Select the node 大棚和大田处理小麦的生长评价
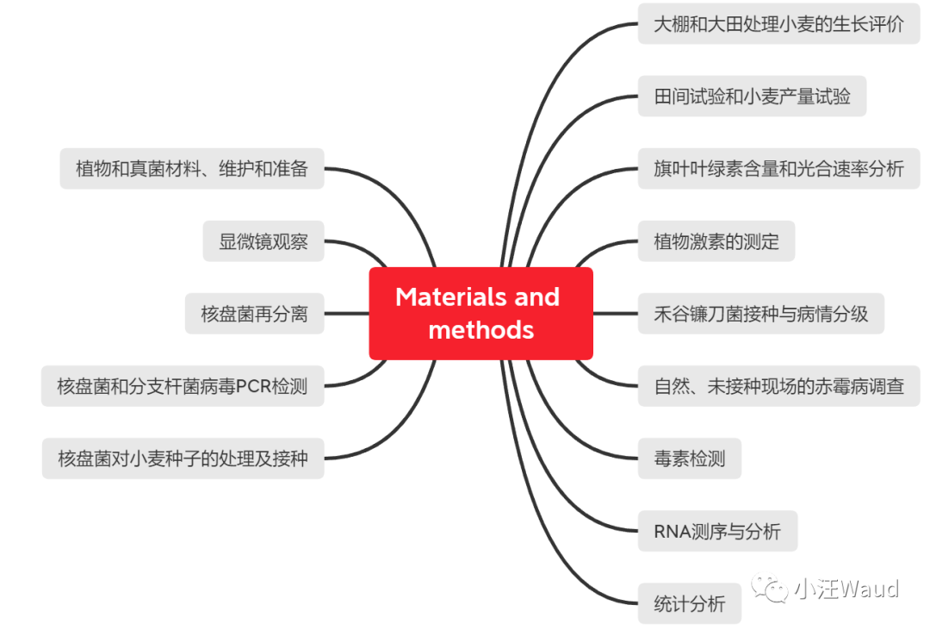point(778,24)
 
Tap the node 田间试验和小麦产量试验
point(752,97)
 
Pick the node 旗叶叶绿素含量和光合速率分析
point(778,169)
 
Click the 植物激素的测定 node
point(716,241)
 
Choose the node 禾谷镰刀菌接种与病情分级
point(760,314)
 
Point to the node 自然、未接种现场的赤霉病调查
point(778,386)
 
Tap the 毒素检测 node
point(689,458)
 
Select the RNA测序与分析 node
point(716,531)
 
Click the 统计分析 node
point(689,603)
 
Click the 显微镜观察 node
point(263,241)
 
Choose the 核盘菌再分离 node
point(254,314)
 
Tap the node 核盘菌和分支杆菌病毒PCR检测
point(182,386)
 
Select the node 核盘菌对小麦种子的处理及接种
point(183,458)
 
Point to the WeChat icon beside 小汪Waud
point(769,589)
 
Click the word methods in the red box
point(480,330)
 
